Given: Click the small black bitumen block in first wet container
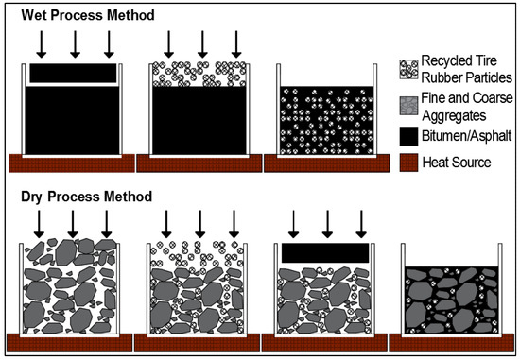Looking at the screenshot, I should pos(74,72).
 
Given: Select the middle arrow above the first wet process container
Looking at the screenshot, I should pos(74,43).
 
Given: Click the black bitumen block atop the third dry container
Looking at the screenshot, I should pos(325,252).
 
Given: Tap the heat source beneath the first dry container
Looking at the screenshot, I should pos(73,341).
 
